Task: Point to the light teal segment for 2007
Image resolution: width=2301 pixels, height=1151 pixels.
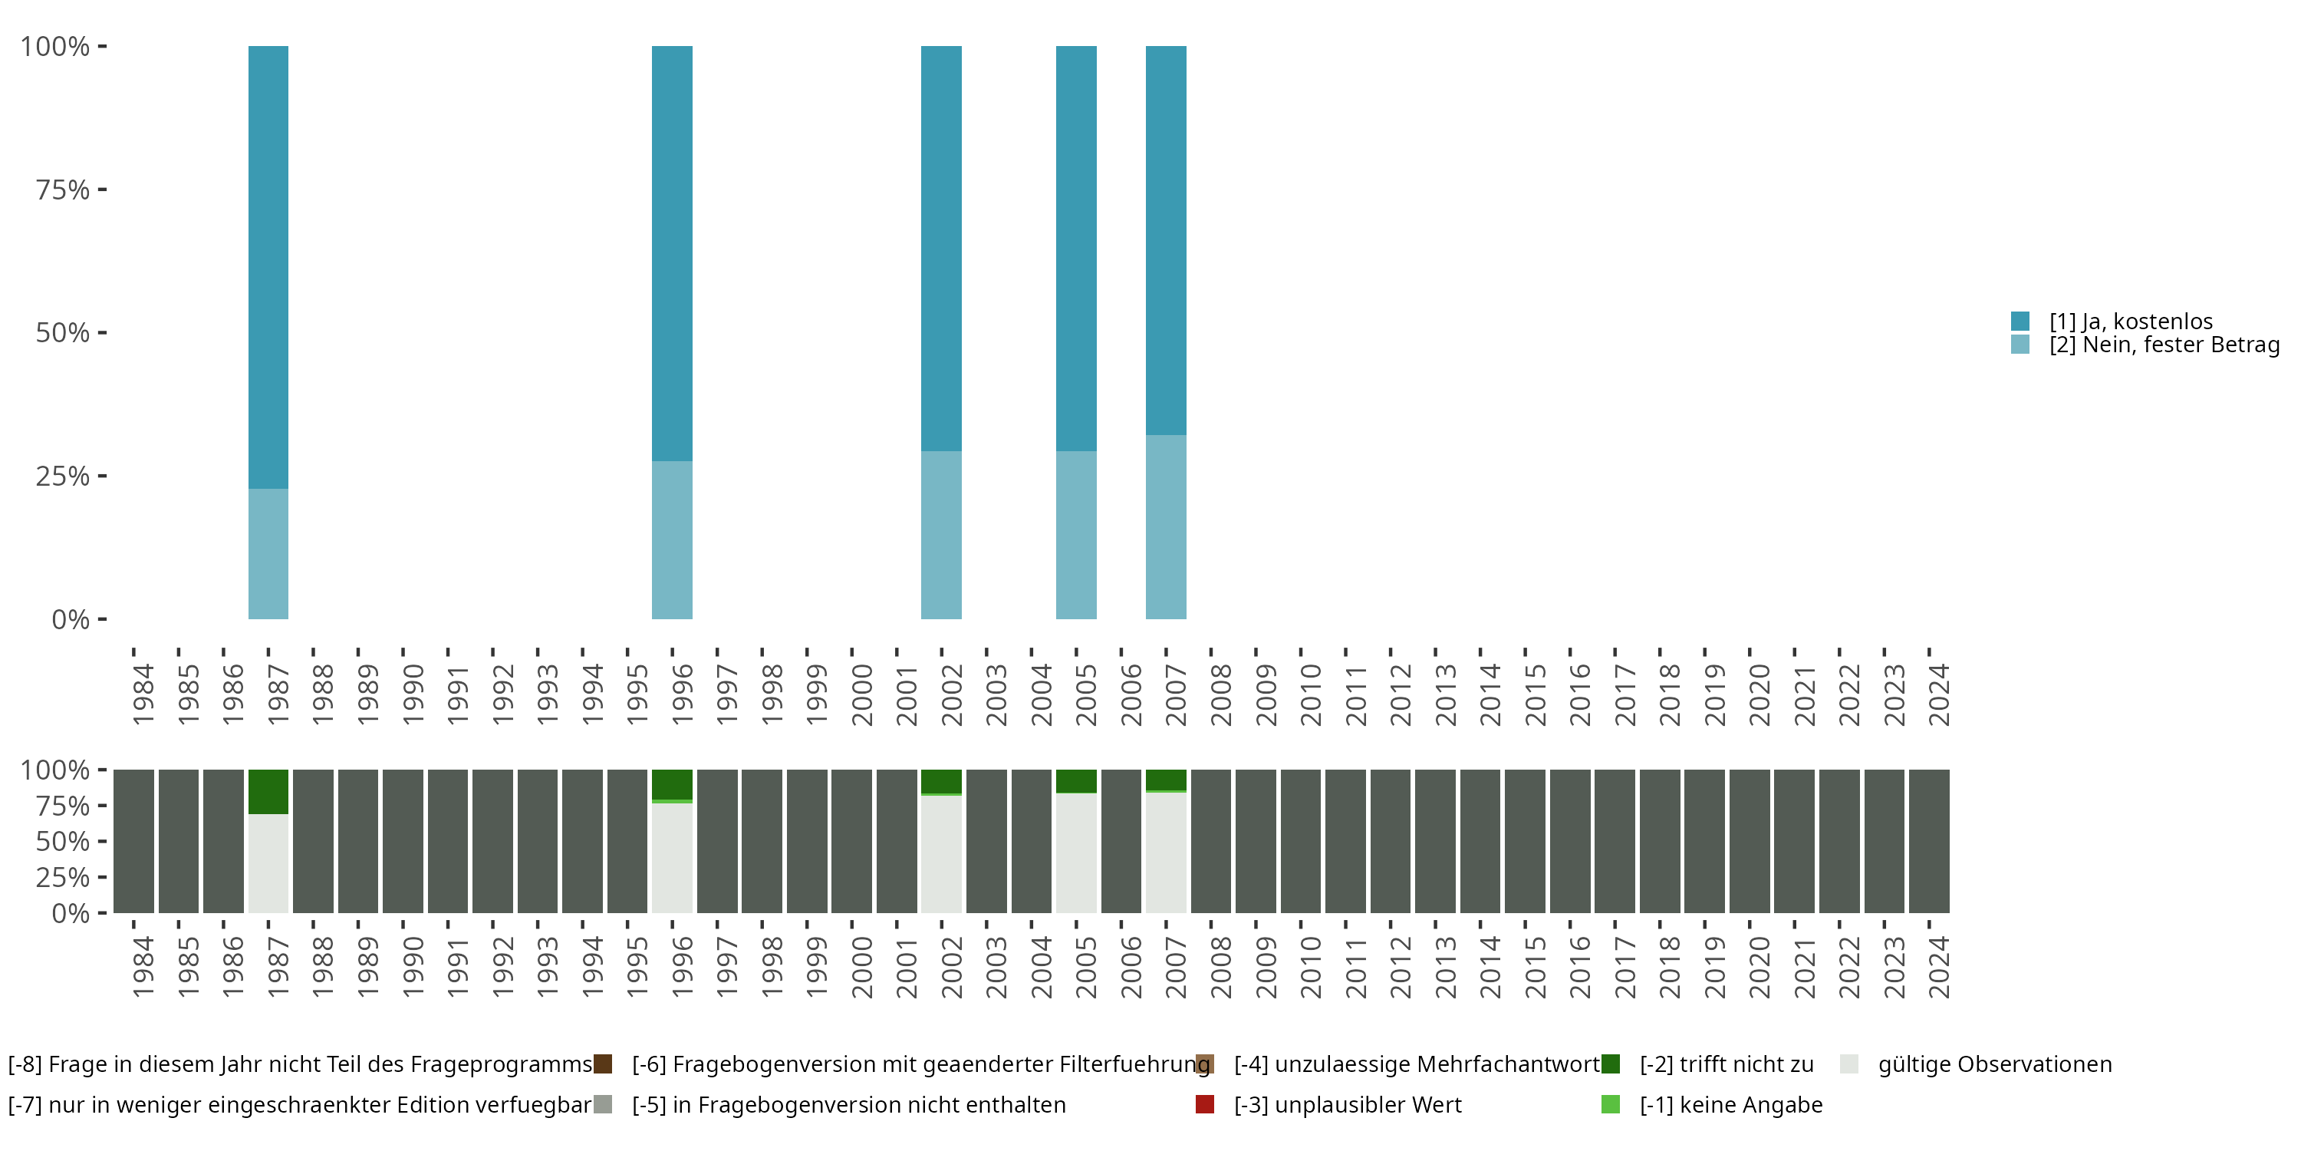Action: (1166, 526)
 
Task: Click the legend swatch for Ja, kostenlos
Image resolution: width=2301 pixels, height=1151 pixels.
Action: (2020, 321)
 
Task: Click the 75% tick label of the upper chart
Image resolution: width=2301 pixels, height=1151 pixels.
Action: (63, 190)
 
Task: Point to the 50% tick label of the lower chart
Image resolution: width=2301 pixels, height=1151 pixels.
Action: (63, 841)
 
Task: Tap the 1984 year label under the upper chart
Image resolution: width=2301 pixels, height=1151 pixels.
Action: (143, 694)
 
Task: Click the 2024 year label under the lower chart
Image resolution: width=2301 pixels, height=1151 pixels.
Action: (1938, 967)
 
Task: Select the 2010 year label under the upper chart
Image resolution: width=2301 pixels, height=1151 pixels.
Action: (1309, 694)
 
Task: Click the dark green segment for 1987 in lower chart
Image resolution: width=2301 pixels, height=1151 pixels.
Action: (268, 791)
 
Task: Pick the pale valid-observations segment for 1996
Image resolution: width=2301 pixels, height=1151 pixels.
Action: (672, 857)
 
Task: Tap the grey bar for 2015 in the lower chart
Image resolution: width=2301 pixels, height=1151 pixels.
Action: (1525, 841)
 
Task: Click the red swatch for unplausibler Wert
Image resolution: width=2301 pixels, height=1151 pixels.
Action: (1204, 1104)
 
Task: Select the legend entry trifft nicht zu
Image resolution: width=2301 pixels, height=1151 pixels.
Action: (1726, 1064)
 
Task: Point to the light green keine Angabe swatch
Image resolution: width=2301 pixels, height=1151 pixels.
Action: (1611, 1104)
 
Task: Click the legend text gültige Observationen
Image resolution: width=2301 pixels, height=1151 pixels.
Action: (1993, 1064)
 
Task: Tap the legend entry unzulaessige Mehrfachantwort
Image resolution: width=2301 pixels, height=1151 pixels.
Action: (1416, 1064)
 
